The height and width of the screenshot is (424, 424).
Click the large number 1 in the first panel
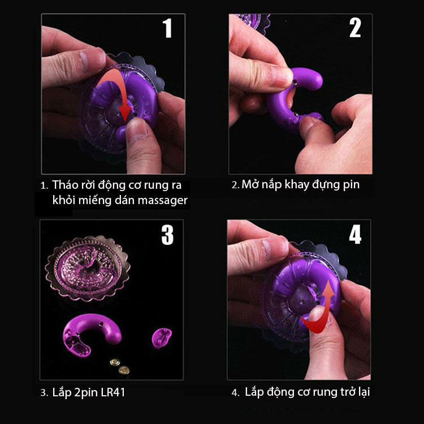pos(167,29)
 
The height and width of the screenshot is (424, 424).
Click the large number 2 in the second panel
pos(354,28)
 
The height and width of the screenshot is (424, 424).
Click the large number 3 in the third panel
pos(167,235)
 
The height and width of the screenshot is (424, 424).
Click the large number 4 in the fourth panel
pos(354,235)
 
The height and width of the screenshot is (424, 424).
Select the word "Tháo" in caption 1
pos(66,185)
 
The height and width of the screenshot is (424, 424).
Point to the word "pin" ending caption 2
pos(350,184)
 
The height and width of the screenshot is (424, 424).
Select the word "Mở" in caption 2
pos(250,184)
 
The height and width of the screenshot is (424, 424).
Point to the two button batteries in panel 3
pos(120,365)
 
